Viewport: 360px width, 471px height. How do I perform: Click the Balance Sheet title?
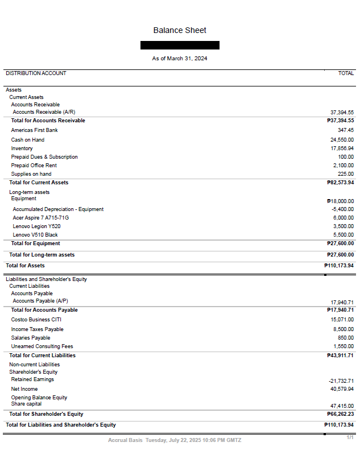point(180,30)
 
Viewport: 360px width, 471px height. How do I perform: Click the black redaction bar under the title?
point(180,45)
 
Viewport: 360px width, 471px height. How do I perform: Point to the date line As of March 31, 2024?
point(180,59)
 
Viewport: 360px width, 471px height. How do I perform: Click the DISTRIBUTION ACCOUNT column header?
point(36,73)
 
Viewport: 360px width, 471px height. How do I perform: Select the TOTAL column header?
point(346,73)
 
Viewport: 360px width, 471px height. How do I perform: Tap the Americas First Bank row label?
point(34,130)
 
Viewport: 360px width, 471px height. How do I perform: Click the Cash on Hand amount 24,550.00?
point(342,140)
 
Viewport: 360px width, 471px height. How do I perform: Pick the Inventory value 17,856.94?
point(342,148)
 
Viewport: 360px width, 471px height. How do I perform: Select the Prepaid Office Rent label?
point(34,166)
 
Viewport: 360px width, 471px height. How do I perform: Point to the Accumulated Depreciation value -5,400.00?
point(342,209)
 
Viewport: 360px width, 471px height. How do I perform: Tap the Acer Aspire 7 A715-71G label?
point(41,218)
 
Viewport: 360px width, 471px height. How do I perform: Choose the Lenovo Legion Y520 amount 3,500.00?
point(343,226)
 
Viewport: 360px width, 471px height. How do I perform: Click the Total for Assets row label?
point(25,266)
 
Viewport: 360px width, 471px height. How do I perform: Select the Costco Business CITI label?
point(36,320)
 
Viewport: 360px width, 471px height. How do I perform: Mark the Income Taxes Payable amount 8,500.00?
point(343,329)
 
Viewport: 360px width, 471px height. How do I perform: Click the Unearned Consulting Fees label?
point(42,346)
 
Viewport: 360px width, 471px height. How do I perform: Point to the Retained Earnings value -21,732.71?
point(341,381)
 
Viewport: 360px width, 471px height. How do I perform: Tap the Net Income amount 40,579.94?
point(342,389)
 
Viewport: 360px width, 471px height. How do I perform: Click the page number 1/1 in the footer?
point(350,437)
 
